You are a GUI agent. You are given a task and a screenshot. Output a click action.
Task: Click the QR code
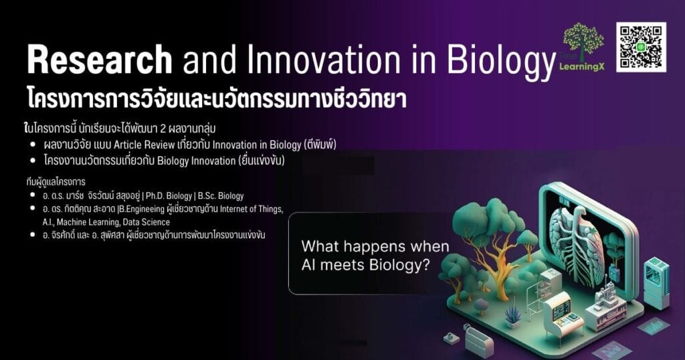(642, 47)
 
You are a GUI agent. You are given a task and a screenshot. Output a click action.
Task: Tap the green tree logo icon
(583, 41)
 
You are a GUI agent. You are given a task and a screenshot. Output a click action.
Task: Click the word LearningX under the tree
(582, 67)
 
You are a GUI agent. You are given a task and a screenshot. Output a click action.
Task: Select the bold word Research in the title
(100, 60)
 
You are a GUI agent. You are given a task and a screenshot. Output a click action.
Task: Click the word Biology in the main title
(500, 62)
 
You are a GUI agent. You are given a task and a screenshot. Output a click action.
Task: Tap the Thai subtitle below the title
(217, 99)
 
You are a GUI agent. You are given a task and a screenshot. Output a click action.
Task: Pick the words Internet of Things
(252, 209)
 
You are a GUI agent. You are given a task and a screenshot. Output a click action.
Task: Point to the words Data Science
(146, 222)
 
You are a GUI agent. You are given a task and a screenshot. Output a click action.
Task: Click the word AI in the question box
(308, 265)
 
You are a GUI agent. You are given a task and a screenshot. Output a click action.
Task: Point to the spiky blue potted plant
(512, 315)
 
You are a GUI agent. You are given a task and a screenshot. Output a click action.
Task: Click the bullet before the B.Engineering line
(32, 209)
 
